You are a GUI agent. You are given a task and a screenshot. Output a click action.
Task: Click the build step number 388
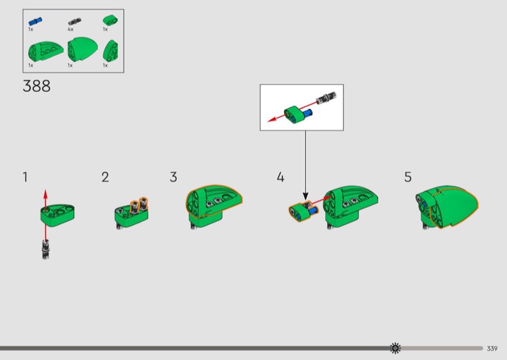(x=37, y=86)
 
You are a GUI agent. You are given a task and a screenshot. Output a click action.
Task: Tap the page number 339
(x=492, y=349)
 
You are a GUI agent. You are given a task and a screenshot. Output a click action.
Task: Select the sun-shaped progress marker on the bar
(x=395, y=348)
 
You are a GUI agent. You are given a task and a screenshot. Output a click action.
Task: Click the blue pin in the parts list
(x=35, y=22)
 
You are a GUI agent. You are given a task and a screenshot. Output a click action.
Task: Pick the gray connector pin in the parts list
(x=74, y=22)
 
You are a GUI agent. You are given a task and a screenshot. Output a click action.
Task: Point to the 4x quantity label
(x=70, y=29)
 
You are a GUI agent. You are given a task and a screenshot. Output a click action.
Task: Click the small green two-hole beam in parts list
(x=110, y=20)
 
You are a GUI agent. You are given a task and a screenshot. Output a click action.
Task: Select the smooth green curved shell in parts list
(x=82, y=49)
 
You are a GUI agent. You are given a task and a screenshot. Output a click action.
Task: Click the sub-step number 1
(x=25, y=177)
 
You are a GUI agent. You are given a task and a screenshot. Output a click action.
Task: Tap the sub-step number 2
(x=105, y=177)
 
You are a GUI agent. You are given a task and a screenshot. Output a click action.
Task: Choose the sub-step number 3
(x=173, y=177)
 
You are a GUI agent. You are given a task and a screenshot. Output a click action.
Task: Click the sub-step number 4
(x=280, y=177)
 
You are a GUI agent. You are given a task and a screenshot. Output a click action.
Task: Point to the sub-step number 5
(x=408, y=177)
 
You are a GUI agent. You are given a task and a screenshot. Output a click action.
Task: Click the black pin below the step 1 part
(x=46, y=249)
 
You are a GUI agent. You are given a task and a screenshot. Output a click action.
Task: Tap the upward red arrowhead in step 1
(x=46, y=195)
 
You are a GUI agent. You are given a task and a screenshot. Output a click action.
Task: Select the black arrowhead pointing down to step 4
(x=305, y=196)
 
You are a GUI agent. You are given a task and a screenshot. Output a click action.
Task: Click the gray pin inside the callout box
(x=326, y=98)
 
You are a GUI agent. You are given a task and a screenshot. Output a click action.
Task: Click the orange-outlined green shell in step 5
(x=454, y=207)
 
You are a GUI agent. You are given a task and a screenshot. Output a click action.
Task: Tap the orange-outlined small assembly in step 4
(x=304, y=211)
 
